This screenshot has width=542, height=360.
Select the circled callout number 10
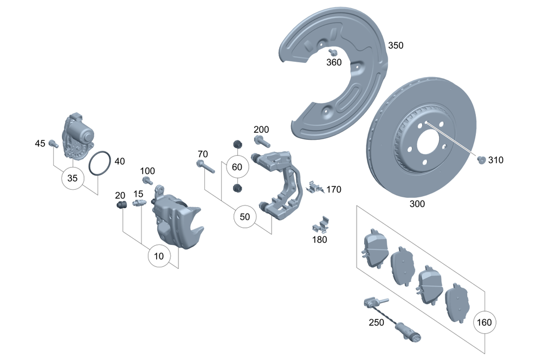[159, 255]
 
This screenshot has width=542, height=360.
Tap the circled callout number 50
[245, 217]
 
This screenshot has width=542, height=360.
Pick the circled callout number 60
[237, 166]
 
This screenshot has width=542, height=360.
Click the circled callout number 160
[483, 323]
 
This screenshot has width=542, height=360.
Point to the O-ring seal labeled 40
[100, 164]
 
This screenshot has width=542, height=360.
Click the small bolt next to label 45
[53, 143]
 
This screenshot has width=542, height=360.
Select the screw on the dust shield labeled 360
[333, 53]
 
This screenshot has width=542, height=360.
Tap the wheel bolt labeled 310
[480, 159]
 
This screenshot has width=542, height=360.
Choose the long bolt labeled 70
[205, 166]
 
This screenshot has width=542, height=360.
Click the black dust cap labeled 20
[122, 205]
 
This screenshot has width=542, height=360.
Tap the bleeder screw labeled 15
[138, 204]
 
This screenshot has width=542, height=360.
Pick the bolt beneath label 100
[147, 181]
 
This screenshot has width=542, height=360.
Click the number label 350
[395, 46]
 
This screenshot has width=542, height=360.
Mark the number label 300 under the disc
[417, 204]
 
